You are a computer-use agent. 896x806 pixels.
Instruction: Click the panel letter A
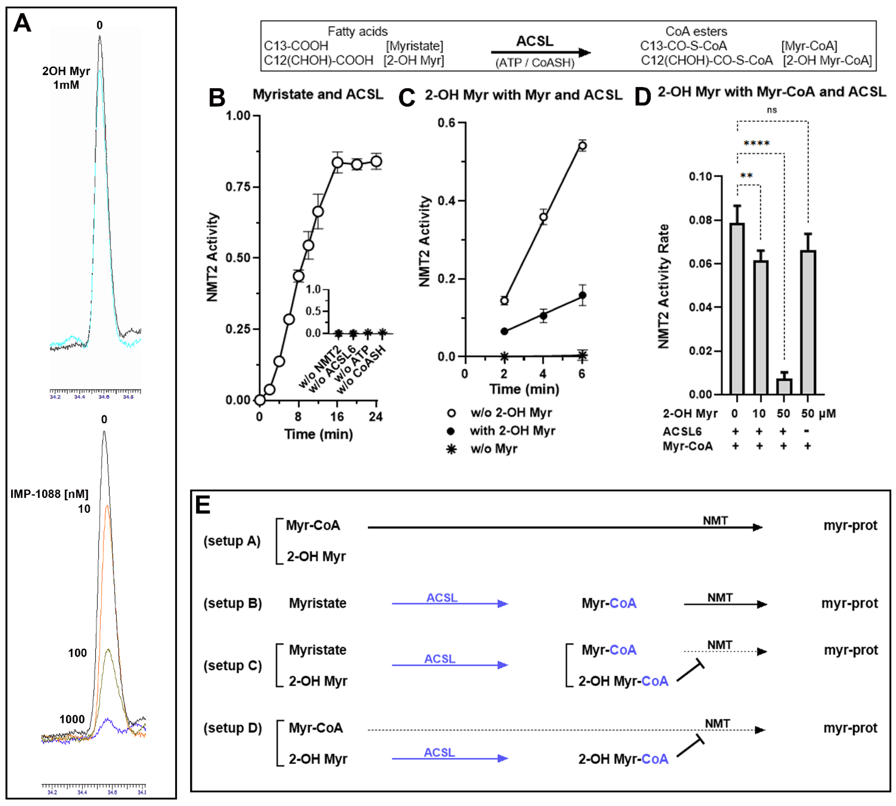(22, 23)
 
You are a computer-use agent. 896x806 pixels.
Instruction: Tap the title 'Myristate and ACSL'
(318, 94)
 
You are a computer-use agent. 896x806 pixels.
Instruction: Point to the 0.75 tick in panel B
(238, 186)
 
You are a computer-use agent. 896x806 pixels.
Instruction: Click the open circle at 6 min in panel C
(582, 146)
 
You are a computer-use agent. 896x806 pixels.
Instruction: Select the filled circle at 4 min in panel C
(543, 316)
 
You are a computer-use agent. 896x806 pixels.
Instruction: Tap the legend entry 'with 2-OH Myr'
(512, 431)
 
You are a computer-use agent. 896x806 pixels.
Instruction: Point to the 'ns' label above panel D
(772, 110)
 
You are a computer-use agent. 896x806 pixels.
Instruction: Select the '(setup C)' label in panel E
(232, 666)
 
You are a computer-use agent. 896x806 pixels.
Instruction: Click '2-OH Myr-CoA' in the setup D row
(623, 759)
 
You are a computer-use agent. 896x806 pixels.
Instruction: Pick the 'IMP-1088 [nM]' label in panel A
(49, 494)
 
